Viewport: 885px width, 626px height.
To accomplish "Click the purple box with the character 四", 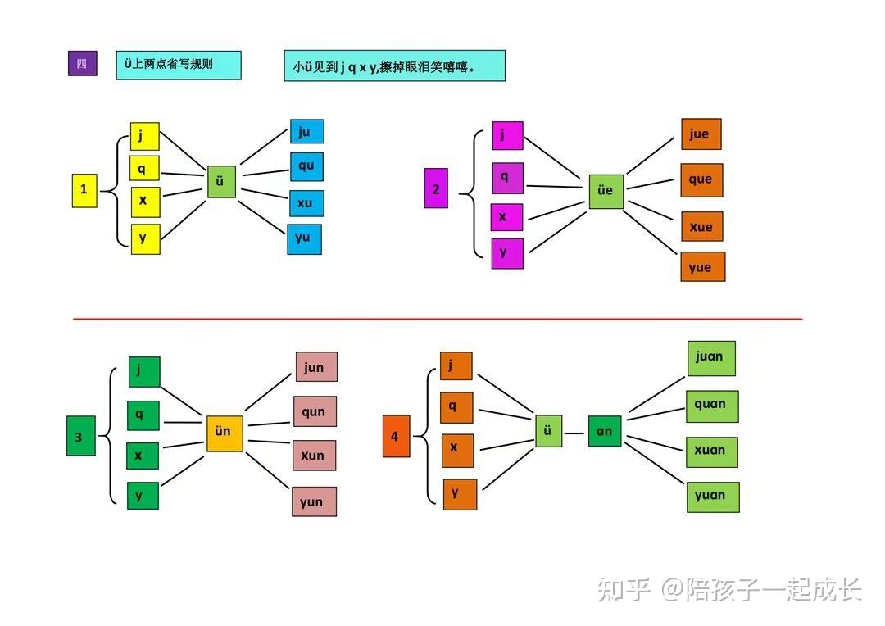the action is [83, 63].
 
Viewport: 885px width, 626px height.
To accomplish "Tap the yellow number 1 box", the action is [84, 191].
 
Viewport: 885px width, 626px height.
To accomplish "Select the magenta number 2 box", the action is [436, 188].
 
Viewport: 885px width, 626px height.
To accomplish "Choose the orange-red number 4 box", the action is [397, 436].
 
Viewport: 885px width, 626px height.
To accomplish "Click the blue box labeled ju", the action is [307, 132].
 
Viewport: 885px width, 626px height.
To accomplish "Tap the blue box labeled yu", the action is [305, 239].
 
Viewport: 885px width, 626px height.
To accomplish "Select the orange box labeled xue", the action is [701, 226].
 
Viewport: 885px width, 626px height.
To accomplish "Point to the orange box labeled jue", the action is [701, 134].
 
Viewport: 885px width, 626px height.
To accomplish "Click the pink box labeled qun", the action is [315, 411].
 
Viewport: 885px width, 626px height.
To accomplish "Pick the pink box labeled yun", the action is [315, 501].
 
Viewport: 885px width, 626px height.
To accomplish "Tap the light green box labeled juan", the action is [711, 358].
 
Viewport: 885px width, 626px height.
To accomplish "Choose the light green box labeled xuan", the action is [712, 451].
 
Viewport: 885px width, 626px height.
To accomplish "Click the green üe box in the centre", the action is [606, 192].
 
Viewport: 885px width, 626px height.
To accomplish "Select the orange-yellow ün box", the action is [225, 433].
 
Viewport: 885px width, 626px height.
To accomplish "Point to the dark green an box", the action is [605, 431].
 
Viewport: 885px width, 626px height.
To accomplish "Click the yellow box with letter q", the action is [144, 168].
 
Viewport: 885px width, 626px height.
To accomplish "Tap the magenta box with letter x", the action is [507, 217].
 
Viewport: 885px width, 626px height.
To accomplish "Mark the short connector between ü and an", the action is [574, 433].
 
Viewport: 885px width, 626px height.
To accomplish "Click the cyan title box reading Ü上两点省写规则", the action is [179, 66].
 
